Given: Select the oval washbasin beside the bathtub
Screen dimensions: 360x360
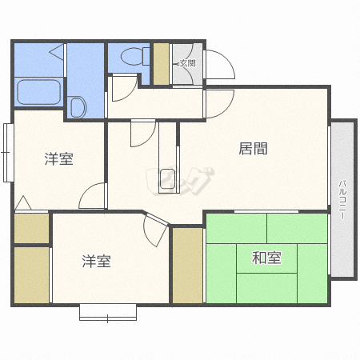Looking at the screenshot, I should click(x=79, y=106).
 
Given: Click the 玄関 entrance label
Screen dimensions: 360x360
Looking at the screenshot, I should click(x=186, y=62).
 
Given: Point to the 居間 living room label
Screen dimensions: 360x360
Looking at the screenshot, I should click(x=253, y=148).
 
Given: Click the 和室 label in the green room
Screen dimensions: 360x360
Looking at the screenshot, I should click(x=266, y=258).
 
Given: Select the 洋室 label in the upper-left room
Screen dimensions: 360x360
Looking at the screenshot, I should click(x=58, y=158).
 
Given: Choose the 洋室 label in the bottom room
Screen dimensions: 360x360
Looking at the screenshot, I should click(x=96, y=261).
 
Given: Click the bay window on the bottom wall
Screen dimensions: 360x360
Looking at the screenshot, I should click(x=106, y=312).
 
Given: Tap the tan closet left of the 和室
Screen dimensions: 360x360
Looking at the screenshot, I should click(x=187, y=265).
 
